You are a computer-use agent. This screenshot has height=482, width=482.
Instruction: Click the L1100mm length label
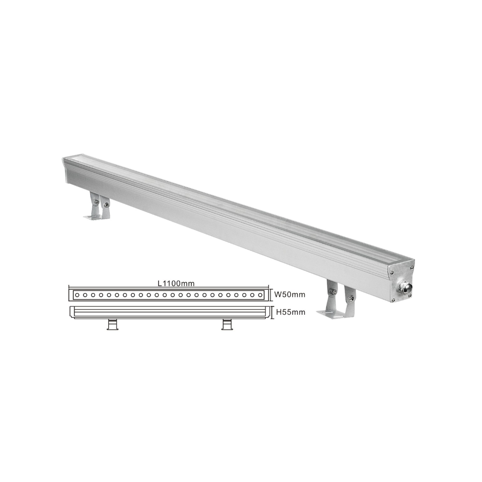176,283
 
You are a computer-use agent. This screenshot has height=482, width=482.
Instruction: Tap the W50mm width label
290,295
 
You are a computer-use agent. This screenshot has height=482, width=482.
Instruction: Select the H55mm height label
291,312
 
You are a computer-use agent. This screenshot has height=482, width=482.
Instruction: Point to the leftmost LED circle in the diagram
77,295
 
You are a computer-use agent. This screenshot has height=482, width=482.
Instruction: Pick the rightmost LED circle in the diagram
260,295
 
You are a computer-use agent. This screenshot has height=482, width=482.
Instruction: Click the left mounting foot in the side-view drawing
112,324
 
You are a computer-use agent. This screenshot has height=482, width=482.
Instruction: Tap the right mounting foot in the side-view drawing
227,324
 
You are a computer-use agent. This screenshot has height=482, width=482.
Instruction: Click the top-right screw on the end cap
410,268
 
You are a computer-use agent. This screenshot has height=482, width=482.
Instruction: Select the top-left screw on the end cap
392,272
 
